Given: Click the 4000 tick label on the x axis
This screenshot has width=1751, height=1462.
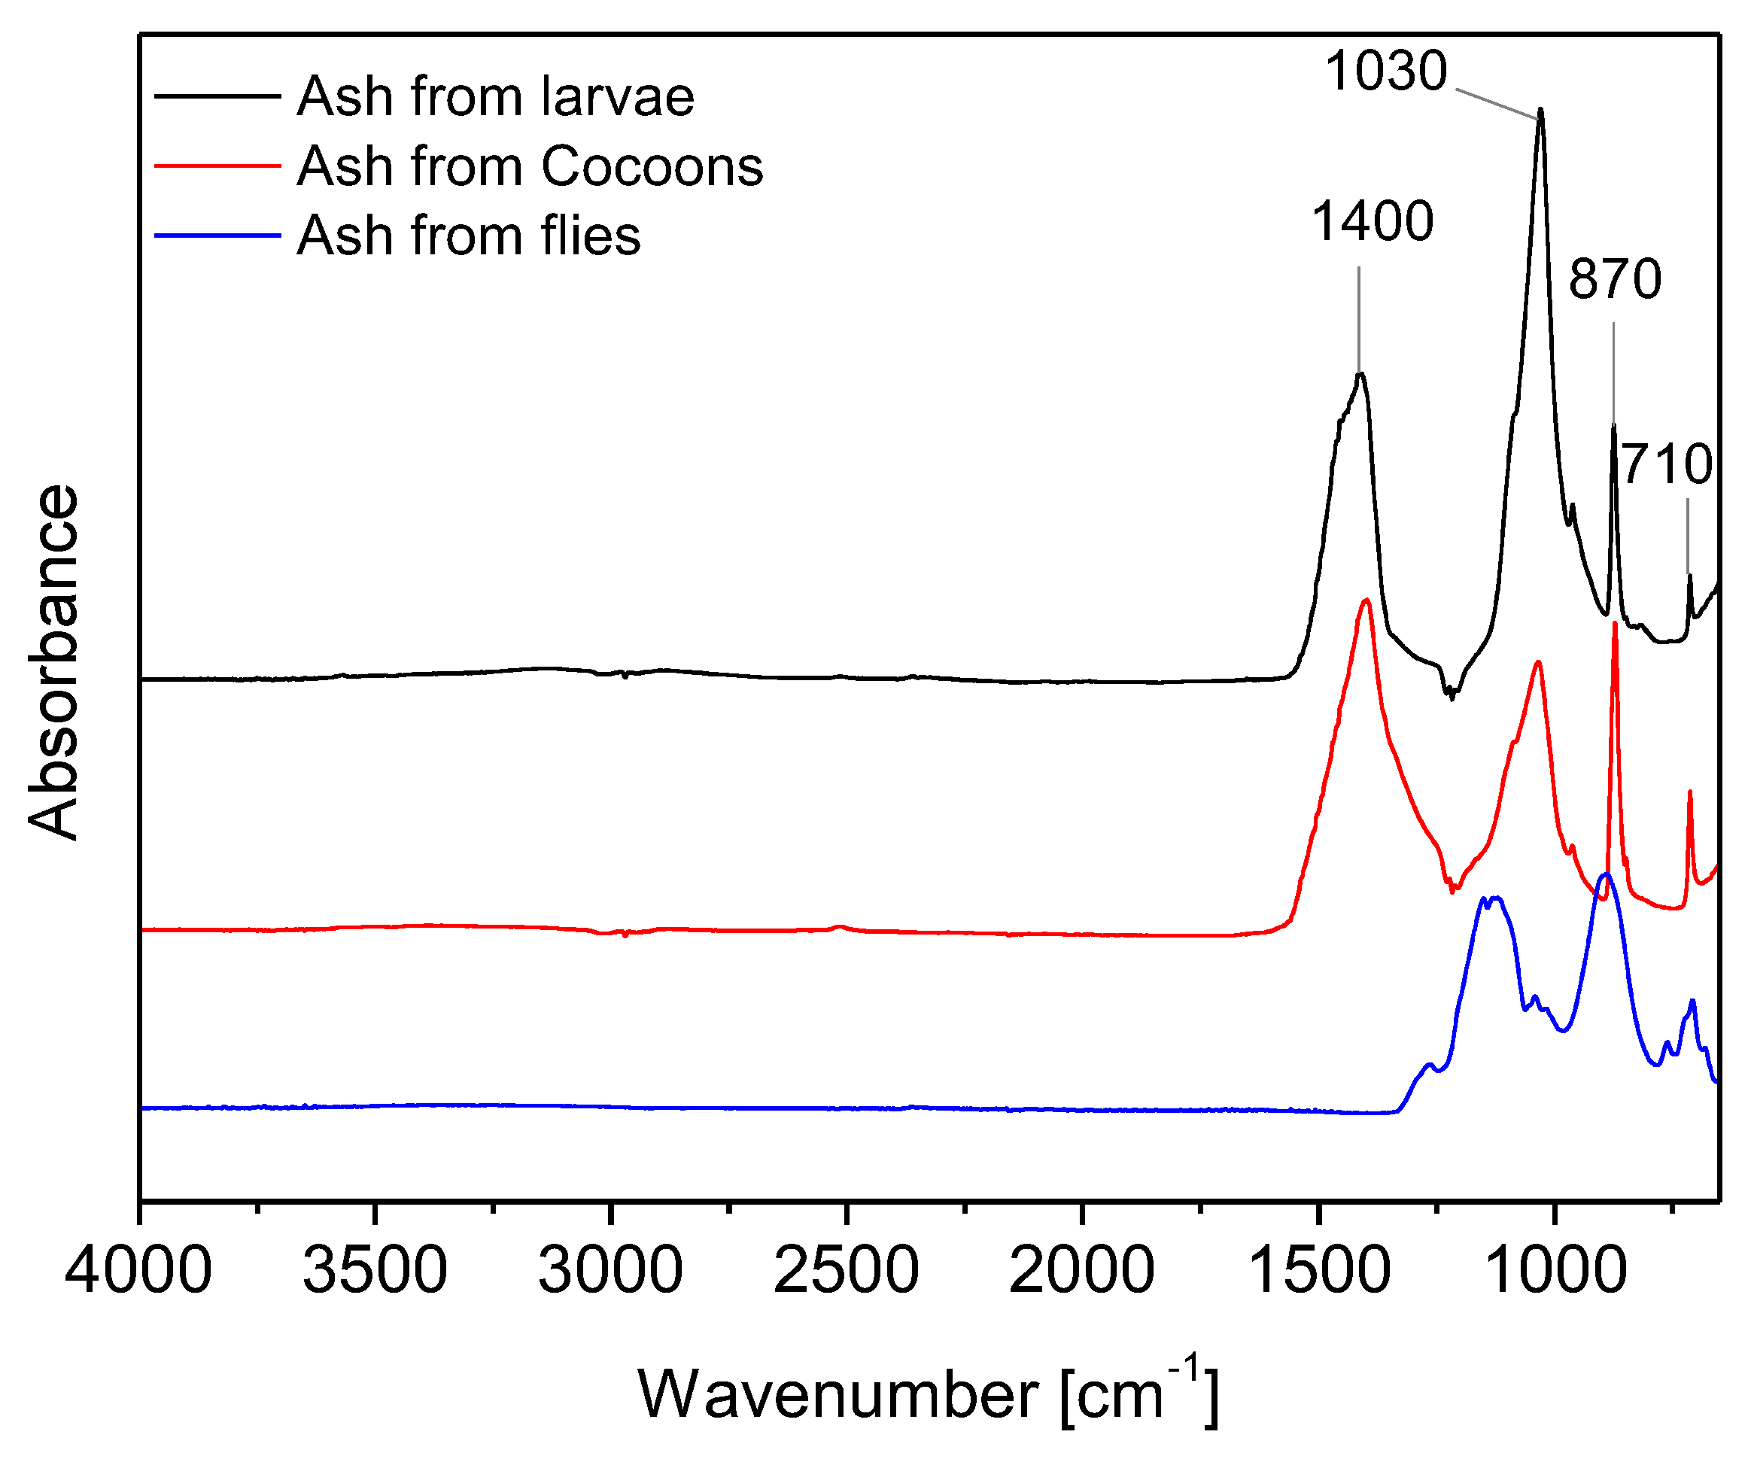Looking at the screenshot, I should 138,1271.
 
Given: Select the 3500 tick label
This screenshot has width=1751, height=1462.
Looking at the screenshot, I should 375,1271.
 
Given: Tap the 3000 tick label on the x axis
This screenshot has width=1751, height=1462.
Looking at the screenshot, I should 610,1271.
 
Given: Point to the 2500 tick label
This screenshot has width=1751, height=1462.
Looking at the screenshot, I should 846,1271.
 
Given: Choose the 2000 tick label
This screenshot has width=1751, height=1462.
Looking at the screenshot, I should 1081,1271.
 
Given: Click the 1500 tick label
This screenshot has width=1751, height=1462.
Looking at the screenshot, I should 1318,1271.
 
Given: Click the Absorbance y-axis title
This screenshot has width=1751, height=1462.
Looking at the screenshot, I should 53,663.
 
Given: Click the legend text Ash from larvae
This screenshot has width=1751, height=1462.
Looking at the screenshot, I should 495,97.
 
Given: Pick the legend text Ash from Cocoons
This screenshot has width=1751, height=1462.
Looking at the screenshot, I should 530,166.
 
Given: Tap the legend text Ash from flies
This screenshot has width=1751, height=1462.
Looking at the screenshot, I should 469,236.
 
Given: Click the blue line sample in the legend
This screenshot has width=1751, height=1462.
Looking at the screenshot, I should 217,236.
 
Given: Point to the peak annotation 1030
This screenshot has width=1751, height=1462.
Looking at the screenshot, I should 1386,71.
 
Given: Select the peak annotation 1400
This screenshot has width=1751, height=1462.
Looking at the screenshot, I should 1373,222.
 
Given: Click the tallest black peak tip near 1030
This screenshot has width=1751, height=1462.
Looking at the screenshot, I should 1540,109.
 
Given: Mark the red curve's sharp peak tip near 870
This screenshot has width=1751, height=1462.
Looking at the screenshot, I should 1616,624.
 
